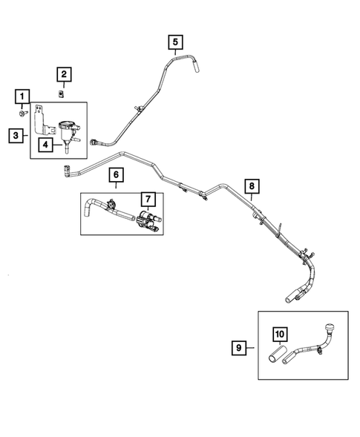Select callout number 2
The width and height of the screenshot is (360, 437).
pos(65,73)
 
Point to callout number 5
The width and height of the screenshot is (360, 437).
pos(174,42)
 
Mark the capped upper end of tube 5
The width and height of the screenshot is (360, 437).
pos(197,68)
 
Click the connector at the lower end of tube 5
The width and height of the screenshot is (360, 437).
pos(94,141)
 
